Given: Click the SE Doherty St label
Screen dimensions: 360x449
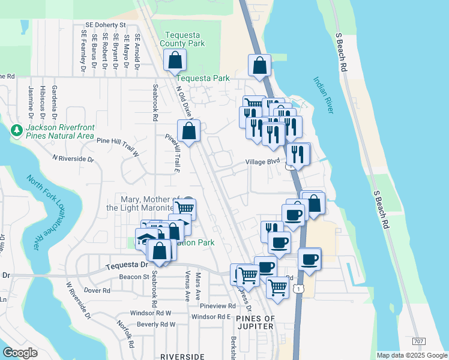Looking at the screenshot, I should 105,25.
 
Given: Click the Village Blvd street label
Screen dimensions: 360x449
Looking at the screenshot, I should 263,163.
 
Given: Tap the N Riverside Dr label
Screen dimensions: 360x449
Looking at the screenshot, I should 73,159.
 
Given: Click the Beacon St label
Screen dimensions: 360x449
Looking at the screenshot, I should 134,277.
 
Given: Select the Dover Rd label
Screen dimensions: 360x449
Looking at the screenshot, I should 98,290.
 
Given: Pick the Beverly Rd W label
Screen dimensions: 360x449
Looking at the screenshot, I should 156,324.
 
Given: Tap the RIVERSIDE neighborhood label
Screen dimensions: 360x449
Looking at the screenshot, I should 183,356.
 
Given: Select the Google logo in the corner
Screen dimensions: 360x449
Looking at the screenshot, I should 20,353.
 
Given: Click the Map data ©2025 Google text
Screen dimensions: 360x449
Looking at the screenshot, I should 411,355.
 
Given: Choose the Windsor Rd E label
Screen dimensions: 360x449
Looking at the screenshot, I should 211,316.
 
